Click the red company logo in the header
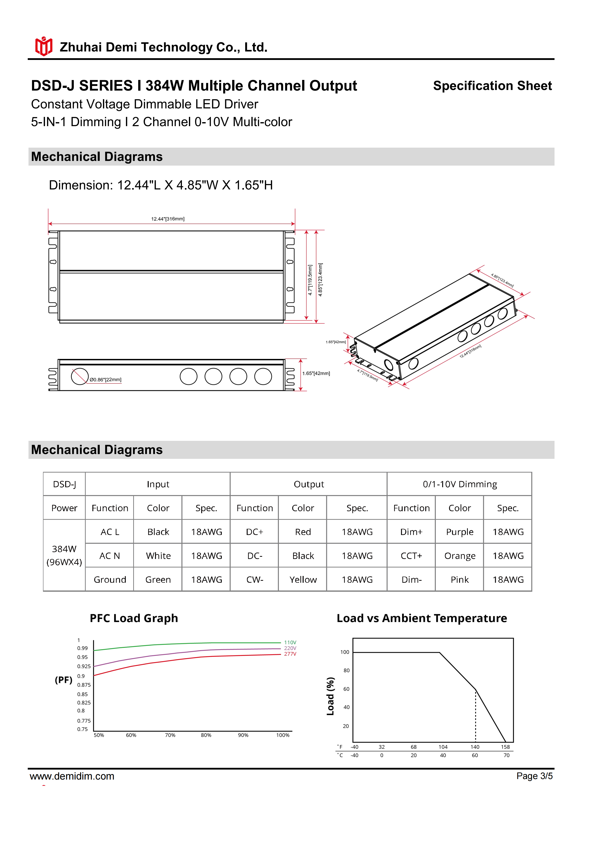[x=43, y=46]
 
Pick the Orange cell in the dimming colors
[x=460, y=556]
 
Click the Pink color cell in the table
[x=460, y=579]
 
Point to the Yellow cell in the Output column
[x=303, y=579]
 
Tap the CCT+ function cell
[x=411, y=556]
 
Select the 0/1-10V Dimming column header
[x=460, y=484]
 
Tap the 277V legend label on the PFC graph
[x=290, y=654]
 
